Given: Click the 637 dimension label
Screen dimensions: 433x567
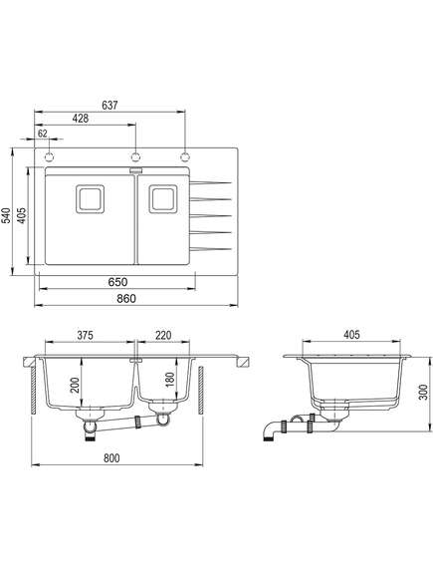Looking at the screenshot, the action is click(x=109, y=105).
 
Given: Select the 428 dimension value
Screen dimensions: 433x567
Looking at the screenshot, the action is click(x=81, y=119).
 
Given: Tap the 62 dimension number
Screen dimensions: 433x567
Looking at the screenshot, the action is click(x=43, y=134).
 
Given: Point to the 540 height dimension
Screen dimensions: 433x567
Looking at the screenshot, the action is click(x=6, y=215).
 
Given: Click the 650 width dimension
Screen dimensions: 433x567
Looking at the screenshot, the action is click(x=117, y=282).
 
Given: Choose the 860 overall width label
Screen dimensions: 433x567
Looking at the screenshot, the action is click(x=126, y=298).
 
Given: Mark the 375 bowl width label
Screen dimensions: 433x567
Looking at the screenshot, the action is click(x=86, y=335).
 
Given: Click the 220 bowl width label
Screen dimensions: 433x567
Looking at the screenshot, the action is click(x=163, y=335).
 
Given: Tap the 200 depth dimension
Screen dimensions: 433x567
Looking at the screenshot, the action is click(x=75, y=386).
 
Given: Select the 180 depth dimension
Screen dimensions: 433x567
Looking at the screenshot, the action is click(x=169, y=380).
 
